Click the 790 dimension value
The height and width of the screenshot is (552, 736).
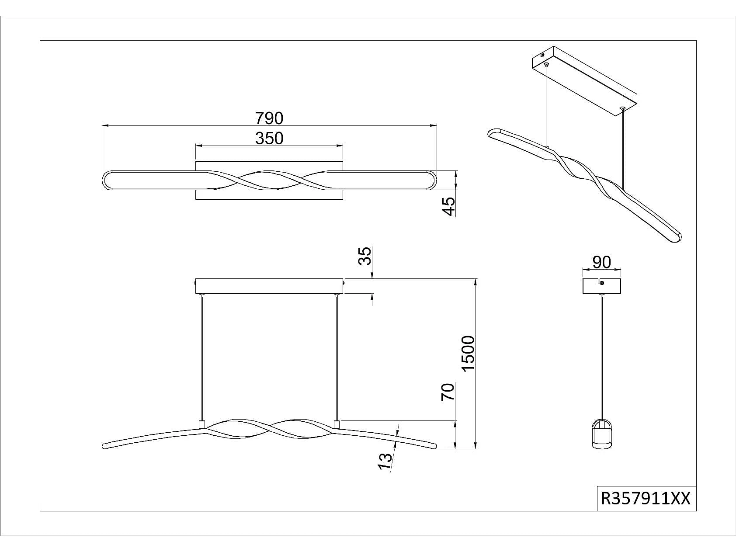coord(269,118)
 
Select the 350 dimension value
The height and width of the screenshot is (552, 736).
coord(269,138)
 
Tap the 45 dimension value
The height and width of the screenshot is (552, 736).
coord(448,206)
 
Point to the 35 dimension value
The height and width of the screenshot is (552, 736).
coord(365,256)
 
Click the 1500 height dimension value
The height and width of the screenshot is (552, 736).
coord(468,353)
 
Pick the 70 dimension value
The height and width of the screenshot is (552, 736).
coord(448,392)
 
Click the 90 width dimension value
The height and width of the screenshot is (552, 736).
coord(601,262)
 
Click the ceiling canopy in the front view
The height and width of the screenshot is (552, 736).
coord(269,286)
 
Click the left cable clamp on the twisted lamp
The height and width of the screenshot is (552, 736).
coord(202,424)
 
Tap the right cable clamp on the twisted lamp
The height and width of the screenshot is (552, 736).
coord(337,424)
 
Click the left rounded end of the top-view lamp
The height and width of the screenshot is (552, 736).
coord(108,180)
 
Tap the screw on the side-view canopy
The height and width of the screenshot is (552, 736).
coord(602,283)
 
